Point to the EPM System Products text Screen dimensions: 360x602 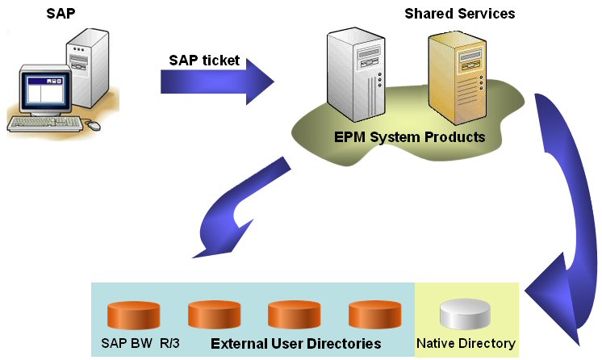pyautogui.click(x=409, y=136)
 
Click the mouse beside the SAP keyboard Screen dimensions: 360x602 pyautogui.click(x=94, y=126)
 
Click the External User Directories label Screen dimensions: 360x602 pyautogui.click(x=295, y=344)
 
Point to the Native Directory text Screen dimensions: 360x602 pyautogui.click(x=466, y=344)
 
